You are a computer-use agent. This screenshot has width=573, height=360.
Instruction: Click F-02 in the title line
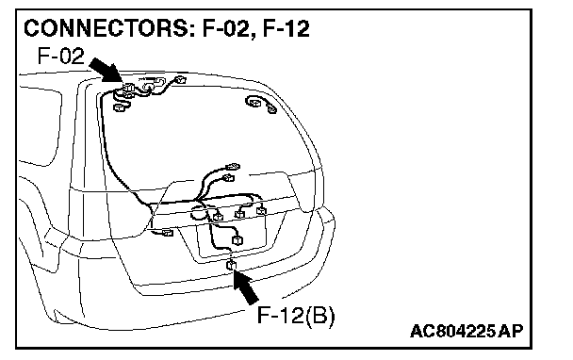tap(226, 28)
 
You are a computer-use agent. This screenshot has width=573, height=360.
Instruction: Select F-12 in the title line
tap(286, 28)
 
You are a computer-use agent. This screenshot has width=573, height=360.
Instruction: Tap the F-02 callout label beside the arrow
tap(60, 56)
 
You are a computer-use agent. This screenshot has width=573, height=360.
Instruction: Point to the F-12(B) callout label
tap(296, 315)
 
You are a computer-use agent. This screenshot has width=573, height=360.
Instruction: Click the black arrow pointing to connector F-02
tap(106, 70)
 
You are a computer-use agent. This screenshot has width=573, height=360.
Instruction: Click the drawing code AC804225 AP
tap(467, 331)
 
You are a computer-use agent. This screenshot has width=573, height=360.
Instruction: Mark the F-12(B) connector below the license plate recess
tap(231, 265)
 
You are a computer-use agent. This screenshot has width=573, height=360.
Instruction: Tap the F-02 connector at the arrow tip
tap(127, 88)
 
